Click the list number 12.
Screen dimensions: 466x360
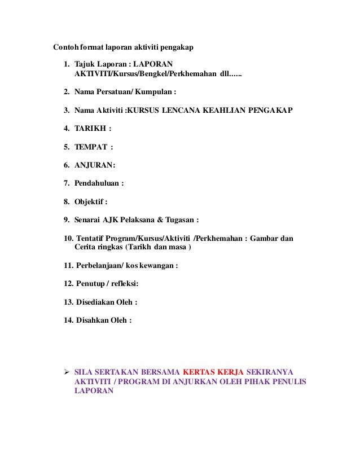click(x=69, y=284)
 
